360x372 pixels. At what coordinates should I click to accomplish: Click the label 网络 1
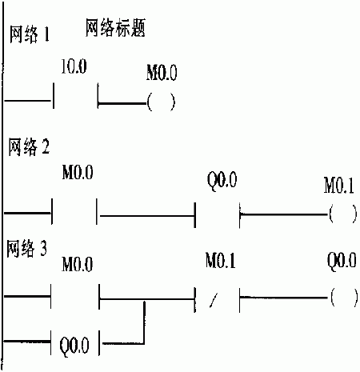click(x=30, y=34)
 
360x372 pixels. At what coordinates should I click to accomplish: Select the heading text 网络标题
click(x=115, y=28)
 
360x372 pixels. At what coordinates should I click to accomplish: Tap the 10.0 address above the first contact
click(x=74, y=66)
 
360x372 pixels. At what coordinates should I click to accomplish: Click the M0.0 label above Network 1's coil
click(x=162, y=72)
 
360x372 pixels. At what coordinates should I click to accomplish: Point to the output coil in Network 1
click(x=161, y=102)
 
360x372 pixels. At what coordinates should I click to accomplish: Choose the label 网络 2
click(x=29, y=147)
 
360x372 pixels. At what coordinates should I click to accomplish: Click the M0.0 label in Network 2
click(x=78, y=172)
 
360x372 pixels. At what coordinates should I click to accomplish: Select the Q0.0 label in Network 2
click(x=222, y=181)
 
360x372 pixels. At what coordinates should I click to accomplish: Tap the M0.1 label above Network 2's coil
click(x=339, y=186)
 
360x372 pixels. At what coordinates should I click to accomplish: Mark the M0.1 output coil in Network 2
click(x=343, y=214)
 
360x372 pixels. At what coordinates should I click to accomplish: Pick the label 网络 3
click(x=26, y=249)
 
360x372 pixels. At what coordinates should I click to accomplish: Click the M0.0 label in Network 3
click(x=78, y=264)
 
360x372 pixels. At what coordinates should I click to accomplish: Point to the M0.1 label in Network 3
click(x=220, y=261)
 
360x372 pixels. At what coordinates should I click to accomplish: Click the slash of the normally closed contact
click(x=214, y=300)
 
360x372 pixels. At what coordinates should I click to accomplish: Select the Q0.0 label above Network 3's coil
click(x=342, y=260)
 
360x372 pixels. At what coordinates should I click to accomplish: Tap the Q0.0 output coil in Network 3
click(x=344, y=298)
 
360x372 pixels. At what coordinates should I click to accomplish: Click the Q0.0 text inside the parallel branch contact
click(x=74, y=345)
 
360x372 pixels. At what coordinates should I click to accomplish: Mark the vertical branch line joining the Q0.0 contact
click(x=144, y=322)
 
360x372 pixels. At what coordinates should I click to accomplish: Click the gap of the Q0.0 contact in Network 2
click(x=218, y=215)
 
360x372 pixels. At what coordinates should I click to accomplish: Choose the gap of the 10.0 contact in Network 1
click(x=76, y=96)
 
